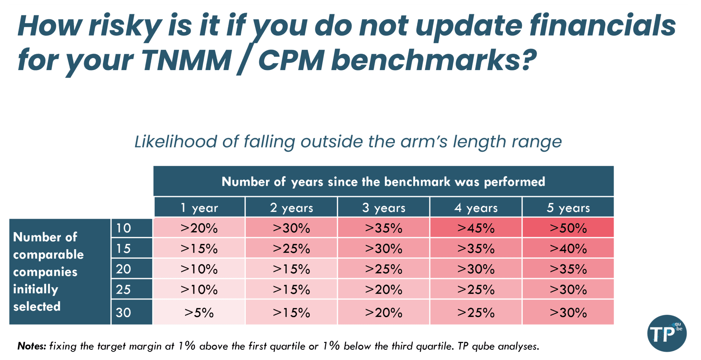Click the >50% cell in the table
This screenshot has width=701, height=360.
(x=568, y=228)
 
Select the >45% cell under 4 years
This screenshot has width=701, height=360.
(x=476, y=228)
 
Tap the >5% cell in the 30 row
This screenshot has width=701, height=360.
(x=199, y=312)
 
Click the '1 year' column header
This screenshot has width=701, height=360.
(x=200, y=207)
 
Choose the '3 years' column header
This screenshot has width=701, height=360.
(x=384, y=207)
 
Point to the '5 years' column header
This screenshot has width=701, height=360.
(x=568, y=207)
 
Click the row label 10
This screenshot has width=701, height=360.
(x=124, y=228)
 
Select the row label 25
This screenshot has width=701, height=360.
(x=124, y=290)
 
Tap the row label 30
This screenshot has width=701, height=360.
(x=124, y=312)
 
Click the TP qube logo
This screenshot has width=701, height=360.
(x=666, y=333)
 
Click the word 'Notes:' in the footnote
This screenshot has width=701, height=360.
(x=31, y=346)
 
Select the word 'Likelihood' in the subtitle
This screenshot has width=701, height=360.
(x=176, y=141)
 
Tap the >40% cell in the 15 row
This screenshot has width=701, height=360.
(x=568, y=248)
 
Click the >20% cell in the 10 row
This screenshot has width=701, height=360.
(x=199, y=228)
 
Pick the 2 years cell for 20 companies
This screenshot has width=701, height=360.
(x=291, y=269)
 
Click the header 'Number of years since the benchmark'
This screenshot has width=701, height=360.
(x=383, y=181)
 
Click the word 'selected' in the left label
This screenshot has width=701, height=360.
(x=37, y=306)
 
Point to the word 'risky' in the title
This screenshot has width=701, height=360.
(x=125, y=27)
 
